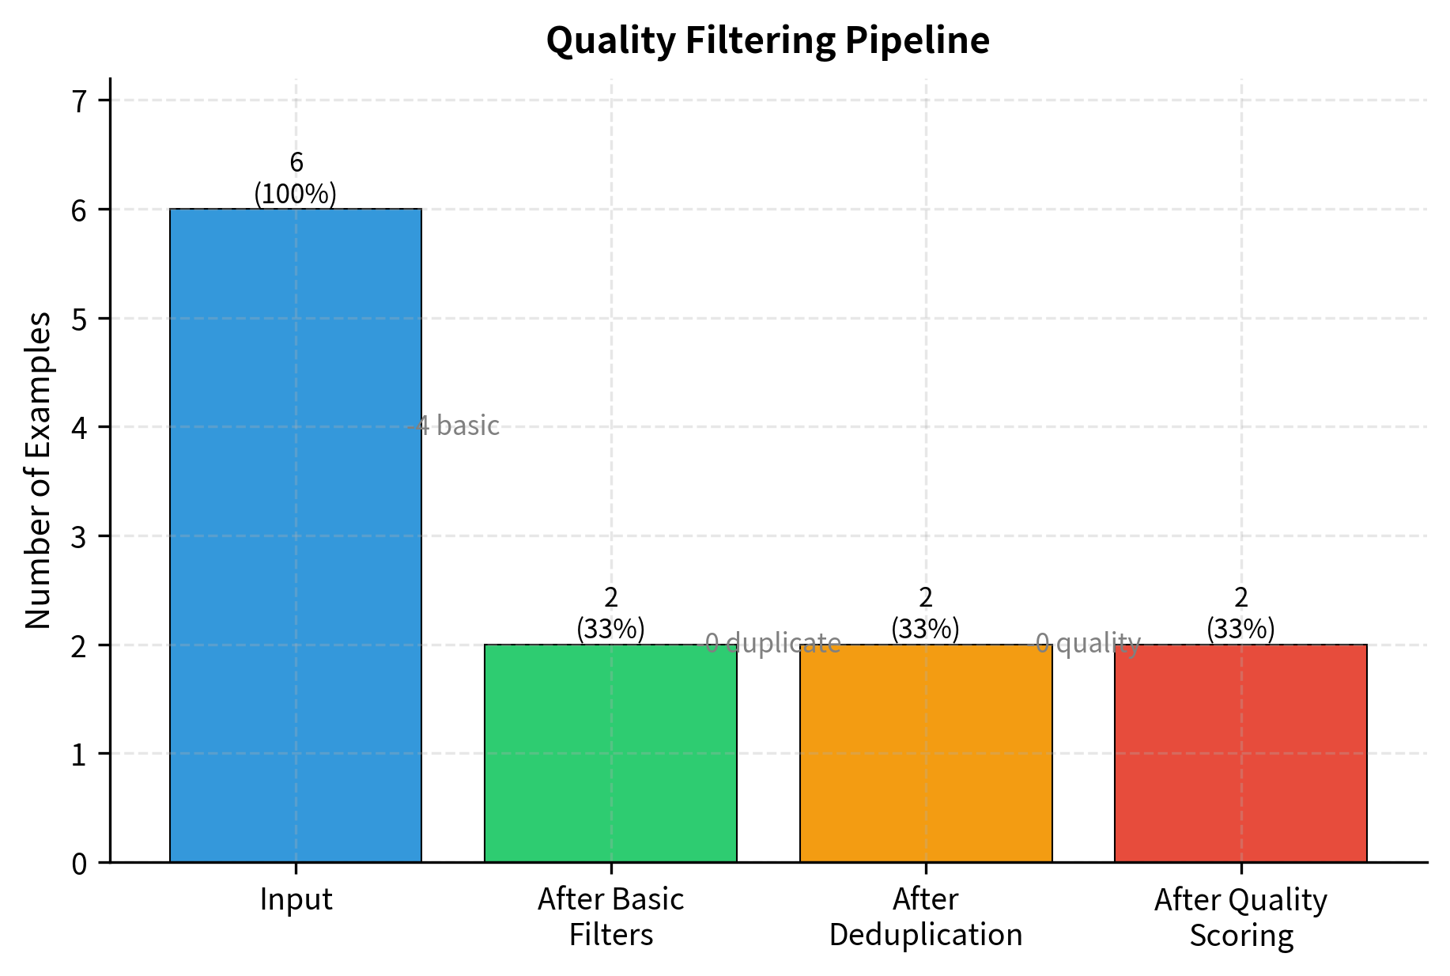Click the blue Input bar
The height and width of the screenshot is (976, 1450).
pyautogui.click(x=296, y=535)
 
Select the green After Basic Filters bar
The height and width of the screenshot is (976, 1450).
pyautogui.click(x=610, y=753)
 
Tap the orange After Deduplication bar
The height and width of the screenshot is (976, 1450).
pyautogui.click(x=926, y=753)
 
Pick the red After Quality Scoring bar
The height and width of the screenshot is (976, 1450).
pyautogui.click(x=1240, y=753)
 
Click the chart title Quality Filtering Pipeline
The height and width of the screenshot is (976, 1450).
pyautogui.click(x=768, y=40)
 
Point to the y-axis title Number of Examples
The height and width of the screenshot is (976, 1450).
pyautogui.click(x=38, y=470)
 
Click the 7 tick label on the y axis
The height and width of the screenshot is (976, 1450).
pyautogui.click(x=79, y=101)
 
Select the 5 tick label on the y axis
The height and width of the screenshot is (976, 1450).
pyautogui.click(x=79, y=319)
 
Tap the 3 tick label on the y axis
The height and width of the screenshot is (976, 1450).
pyautogui.click(x=79, y=537)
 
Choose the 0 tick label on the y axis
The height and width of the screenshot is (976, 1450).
pyautogui.click(x=79, y=863)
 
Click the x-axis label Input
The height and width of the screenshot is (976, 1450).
pyautogui.click(x=296, y=900)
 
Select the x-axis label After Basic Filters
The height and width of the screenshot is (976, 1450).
pyautogui.click(x=610, y=917)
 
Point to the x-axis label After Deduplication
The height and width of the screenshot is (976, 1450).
pyautogui.click(x=926, y=917)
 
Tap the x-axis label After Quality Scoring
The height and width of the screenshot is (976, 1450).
pyautogui.click(x=1240, y=917)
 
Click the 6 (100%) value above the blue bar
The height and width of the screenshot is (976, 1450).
pyautogui.click(x=296, y=178)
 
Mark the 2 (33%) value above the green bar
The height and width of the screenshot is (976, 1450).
pyautogui.click(x=610, y=613)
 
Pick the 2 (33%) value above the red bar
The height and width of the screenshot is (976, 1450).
pyautogui.click(x=1240, y=613)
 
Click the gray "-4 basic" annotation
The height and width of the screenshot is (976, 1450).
pyautogui.click(x=455, y=426)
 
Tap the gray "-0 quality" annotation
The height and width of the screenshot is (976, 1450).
pyautogui.click(x=1086, y=644)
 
